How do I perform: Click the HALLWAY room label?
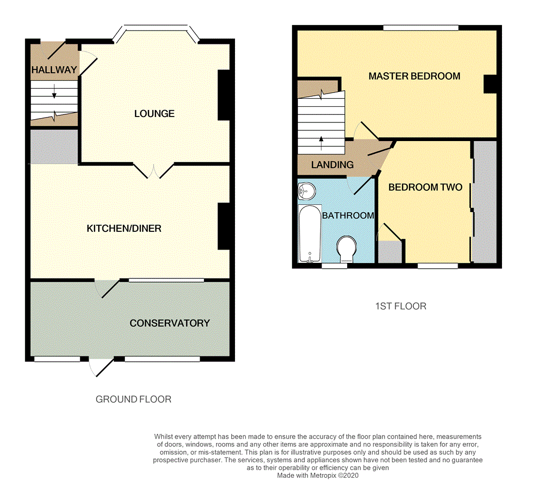tap(54, 70)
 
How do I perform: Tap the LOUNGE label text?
tap(154, 114)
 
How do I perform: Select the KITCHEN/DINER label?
tap(124, 229)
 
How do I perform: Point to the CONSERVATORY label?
tap(170, 323)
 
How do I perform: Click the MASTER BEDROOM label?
tap(414, 76)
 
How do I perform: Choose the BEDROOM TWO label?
tap(425, 187)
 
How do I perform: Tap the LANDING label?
tap(333, 165)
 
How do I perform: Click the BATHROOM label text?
tap(348, 215)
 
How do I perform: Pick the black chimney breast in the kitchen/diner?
tap(224, 227)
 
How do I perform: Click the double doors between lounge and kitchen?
tap(153, 170)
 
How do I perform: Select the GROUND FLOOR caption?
tap(133, 399)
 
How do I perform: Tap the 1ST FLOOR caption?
tap(401, 306)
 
